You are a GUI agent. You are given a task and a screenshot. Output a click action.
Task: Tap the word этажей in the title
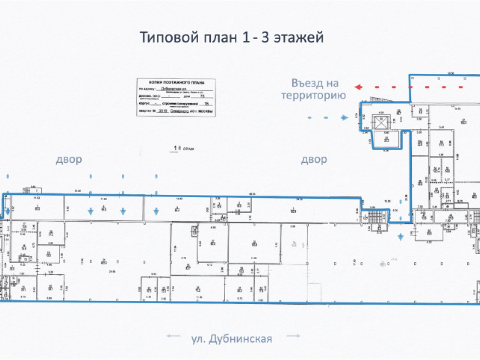tap(299, 38)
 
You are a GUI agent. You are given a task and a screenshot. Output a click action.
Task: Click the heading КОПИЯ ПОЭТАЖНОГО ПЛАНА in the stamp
tap(176, 83)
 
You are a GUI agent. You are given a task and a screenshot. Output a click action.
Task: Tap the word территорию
tap(313, 96)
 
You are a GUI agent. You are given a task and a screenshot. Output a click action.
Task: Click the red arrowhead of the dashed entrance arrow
tap(358, 87)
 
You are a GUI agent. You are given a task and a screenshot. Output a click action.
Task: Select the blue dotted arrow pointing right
tap(345, 118)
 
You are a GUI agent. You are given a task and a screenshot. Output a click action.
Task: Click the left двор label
tap(69, 159)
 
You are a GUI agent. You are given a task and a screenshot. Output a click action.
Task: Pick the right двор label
tap(314, 159)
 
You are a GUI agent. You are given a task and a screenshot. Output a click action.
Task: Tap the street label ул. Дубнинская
tap(232, 339)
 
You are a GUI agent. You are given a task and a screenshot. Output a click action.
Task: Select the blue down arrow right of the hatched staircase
tap(401, 237)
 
